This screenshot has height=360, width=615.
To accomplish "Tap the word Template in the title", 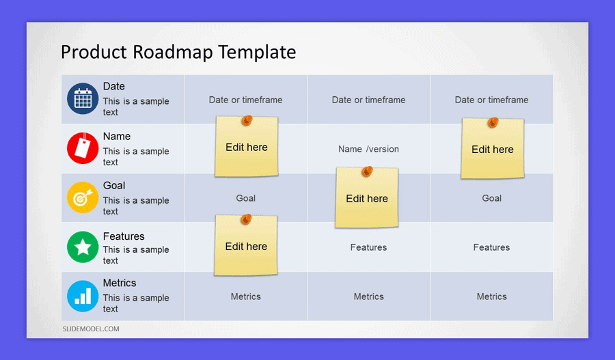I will click(262, 53).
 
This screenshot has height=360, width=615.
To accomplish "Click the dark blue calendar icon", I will click(83, 99).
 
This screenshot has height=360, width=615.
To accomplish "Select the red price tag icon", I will click(83, 148).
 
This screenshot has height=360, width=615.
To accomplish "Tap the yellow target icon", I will click(83, 198).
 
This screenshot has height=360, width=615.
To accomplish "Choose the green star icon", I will click(83, 247).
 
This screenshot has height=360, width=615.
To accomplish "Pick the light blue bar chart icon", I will click(83, 296).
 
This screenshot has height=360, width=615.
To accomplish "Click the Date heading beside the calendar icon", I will click(114, 86).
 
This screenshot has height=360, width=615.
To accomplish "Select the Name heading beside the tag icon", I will click(117, 136).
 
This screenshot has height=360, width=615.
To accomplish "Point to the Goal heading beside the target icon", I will click(114, 185).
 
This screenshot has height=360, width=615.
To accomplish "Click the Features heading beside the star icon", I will click(124, 236).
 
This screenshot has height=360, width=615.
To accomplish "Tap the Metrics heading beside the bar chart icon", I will click(120, 283).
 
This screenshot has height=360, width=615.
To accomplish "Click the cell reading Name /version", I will click(368, 149).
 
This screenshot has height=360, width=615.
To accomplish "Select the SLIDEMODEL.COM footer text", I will click(91, 329).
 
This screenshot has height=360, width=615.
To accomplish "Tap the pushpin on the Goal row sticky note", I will click(367, 171).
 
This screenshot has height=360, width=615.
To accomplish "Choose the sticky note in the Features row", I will click(246, 247).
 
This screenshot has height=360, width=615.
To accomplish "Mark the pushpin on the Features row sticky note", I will click(246, 219).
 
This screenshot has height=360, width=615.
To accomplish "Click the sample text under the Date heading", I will click(135, 107).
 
